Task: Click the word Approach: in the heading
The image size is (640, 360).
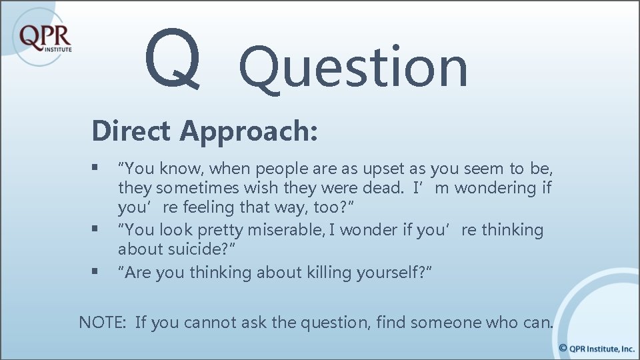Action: [x=248, y=132]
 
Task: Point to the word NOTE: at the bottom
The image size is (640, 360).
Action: [x=102, y=323]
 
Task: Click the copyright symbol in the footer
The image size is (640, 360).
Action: [x=563, y=348]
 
